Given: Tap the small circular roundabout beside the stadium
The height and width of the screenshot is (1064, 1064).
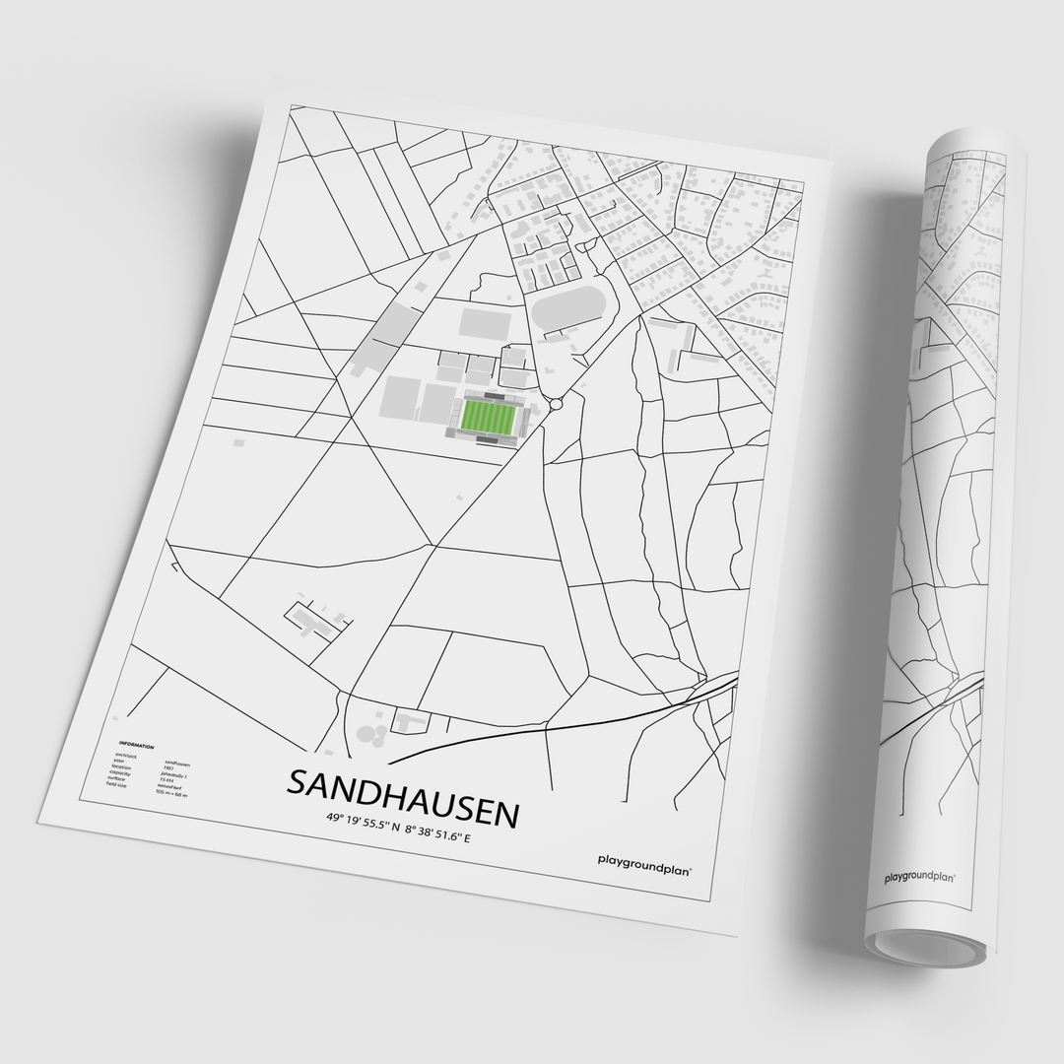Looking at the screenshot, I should click(557, 403).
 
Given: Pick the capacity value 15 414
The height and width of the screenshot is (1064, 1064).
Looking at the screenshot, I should click(169, 781).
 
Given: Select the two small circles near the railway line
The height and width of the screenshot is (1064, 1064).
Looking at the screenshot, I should click(371, 733).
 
